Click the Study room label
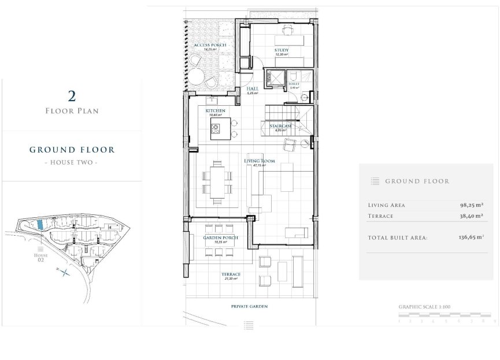pos(282,50)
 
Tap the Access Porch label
pos(209,45)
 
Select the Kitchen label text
pos(214,110)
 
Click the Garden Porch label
pos(217,238)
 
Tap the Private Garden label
pos(249,306)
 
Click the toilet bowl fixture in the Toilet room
pos(294,76)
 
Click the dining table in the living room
pos(218,181)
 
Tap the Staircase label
pos(279,126)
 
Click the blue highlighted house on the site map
pos(39,224)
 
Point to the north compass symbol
pos(65,272)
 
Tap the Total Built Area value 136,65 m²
pos(471,237)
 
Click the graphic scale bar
pos(444,315)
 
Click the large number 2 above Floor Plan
pos(72,95)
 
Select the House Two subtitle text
pos(72,163)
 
